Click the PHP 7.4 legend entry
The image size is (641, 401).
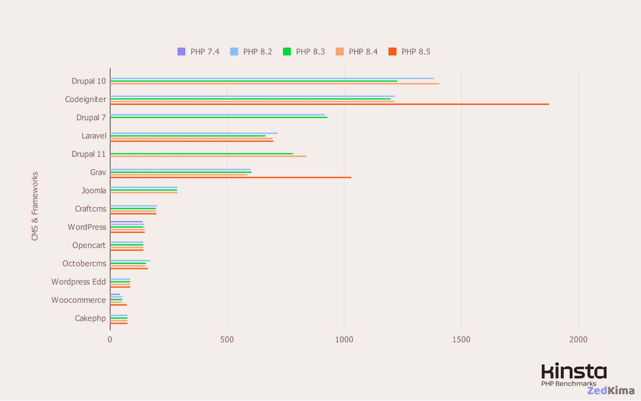pyautogui.click(x=198, y=52)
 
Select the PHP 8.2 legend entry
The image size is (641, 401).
pyautogui.click(x=251, y=52)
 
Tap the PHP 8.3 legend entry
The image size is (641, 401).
pyautogui.click(x=304, y=52)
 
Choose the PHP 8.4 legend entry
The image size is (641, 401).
pyautogui.click(x=357, y=52)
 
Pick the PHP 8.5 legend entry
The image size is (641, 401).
pyautogui.click(x=409, y=52)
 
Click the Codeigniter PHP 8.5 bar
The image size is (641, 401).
pyautogui.click(x=329, y=104)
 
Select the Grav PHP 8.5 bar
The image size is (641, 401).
pyautogui.click(x=231, y=177)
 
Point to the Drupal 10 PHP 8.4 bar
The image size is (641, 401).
pyautogui.click(x=274, y=84)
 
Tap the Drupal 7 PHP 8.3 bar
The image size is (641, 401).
pyautogui.click(x=219, y=117)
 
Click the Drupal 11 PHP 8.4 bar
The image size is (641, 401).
pyautogui.click(x=208, y=156)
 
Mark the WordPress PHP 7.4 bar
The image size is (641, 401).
pyautogui.click(x=126, y=222)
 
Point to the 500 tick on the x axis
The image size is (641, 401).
pyautogui.click(x=227, y=339)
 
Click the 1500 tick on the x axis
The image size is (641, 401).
pyautogui.click(x=461, y=339)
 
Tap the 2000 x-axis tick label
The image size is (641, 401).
pyautogui.click(x=578, y=339)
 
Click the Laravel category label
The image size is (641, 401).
pyautogui.click(x=94, y=136)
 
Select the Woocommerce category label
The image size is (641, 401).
pyautogui.click(x=79, y=300)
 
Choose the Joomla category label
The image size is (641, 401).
pyautogui.click(x=94, y=191)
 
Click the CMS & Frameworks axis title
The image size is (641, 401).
pyautogui.click(x=35, y=206)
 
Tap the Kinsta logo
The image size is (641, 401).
pyautogui.click(x=574, y=371)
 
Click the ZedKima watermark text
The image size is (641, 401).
pyautogui.click(x=611, y=390)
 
